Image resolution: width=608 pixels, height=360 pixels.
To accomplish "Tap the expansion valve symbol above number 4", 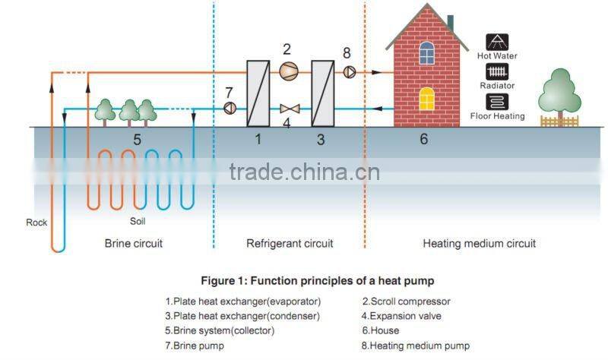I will click(x=287, y=108).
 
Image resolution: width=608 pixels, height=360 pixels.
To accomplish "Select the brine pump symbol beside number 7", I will click(x=229, y=108).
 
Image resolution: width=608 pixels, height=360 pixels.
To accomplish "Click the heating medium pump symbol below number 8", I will click(x=349, y=72).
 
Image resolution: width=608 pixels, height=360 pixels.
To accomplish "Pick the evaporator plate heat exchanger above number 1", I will click(x=258, y=92).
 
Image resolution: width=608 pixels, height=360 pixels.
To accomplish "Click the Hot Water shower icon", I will click(x=497, y=43).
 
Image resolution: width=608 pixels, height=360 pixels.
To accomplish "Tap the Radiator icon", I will click(x=497, y=72).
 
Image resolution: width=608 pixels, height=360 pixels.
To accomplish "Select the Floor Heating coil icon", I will click(x=497, y=102).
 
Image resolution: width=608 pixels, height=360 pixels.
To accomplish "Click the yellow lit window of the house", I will click(x=427, y=98).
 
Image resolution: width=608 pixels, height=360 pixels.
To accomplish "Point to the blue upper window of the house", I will click(x=427, y=52).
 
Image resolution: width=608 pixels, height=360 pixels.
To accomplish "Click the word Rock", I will click(x=36, y=223).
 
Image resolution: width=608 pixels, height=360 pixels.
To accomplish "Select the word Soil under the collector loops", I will click(x=138, y=223).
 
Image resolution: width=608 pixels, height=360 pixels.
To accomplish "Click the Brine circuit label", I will click(x=134, y=244).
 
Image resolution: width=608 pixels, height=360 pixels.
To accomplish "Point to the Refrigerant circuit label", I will click(x=290, y=244).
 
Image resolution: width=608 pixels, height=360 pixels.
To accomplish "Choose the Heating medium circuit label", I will click(x=479, y=244).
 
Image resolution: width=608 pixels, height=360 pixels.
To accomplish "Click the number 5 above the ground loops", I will click(x=137, y=140).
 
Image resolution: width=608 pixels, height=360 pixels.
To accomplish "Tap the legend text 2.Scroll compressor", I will click(x=407, y=301).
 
